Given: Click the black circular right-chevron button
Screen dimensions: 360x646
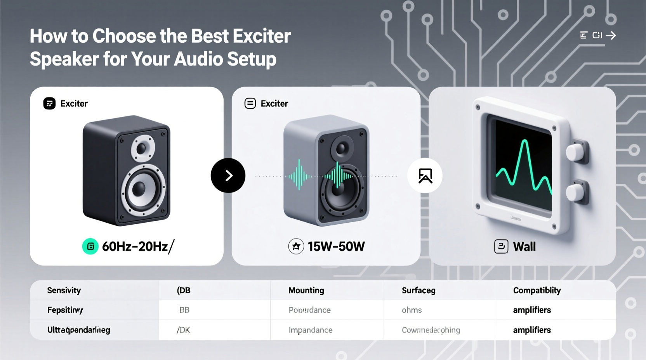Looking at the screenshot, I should click(228, 175).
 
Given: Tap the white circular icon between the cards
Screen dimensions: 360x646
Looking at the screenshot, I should click(425, 175).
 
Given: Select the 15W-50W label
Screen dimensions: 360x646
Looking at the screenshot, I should click(336, 246).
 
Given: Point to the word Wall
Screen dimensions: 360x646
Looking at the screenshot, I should click(524, 246).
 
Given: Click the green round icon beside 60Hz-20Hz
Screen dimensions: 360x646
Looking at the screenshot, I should click(90, 246).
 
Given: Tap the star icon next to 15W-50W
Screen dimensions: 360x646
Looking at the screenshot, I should click(296, 246).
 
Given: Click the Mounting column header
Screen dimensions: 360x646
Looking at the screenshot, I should click(306, 290).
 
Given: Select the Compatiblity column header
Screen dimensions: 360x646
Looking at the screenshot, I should click(537, 290).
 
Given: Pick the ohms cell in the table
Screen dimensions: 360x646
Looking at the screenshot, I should click(412, 310).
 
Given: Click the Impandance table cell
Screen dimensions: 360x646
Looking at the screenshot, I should click(310, 330).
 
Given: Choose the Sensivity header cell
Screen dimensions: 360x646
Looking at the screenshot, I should click(64, 290).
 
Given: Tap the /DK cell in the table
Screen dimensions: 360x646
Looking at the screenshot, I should click(183, 330).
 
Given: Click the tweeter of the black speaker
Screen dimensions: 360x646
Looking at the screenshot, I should click(142, 148).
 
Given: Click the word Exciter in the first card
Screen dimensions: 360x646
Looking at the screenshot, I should click(74, 104).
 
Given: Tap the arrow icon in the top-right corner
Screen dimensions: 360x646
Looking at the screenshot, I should click(611, 36).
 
